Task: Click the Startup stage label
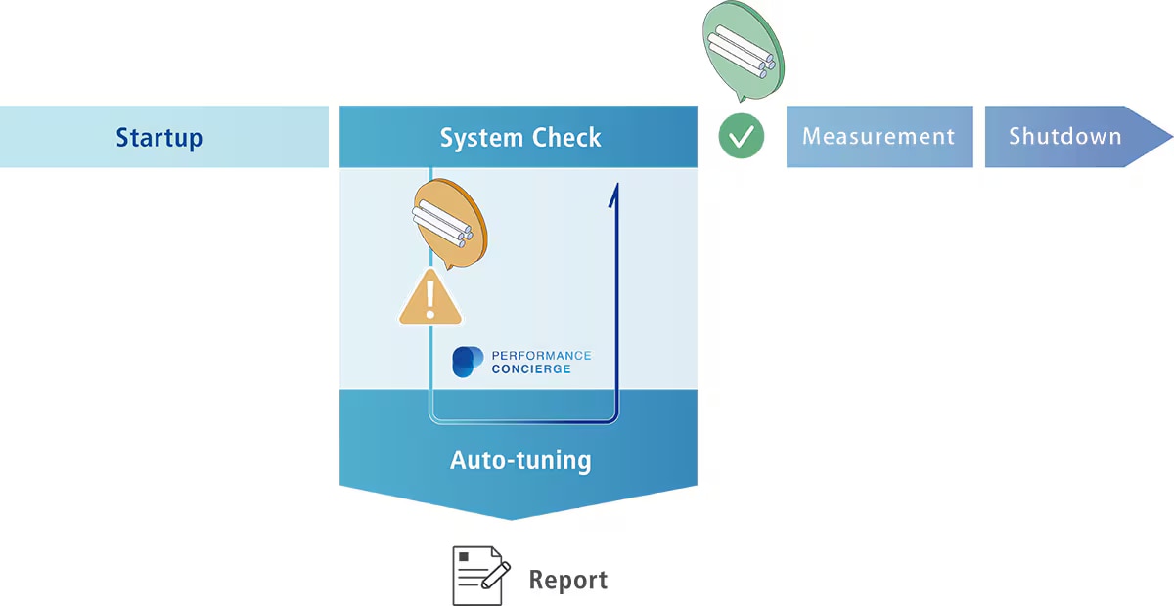coord(158,137)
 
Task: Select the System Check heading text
coord(519,137)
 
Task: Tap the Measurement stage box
coord(879,137)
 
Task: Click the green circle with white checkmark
coord(742,136)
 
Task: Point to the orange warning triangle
coord(430,298)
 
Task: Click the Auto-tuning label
coord(519,459)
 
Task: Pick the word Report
coord(567,580)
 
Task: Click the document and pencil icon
coord(479,576)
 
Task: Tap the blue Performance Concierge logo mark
coord(468,362)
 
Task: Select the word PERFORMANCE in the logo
coord(541,355)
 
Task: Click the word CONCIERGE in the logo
coord(531,369)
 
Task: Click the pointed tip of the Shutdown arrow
coord(1169,137)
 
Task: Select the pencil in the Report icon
coord(496,574)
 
